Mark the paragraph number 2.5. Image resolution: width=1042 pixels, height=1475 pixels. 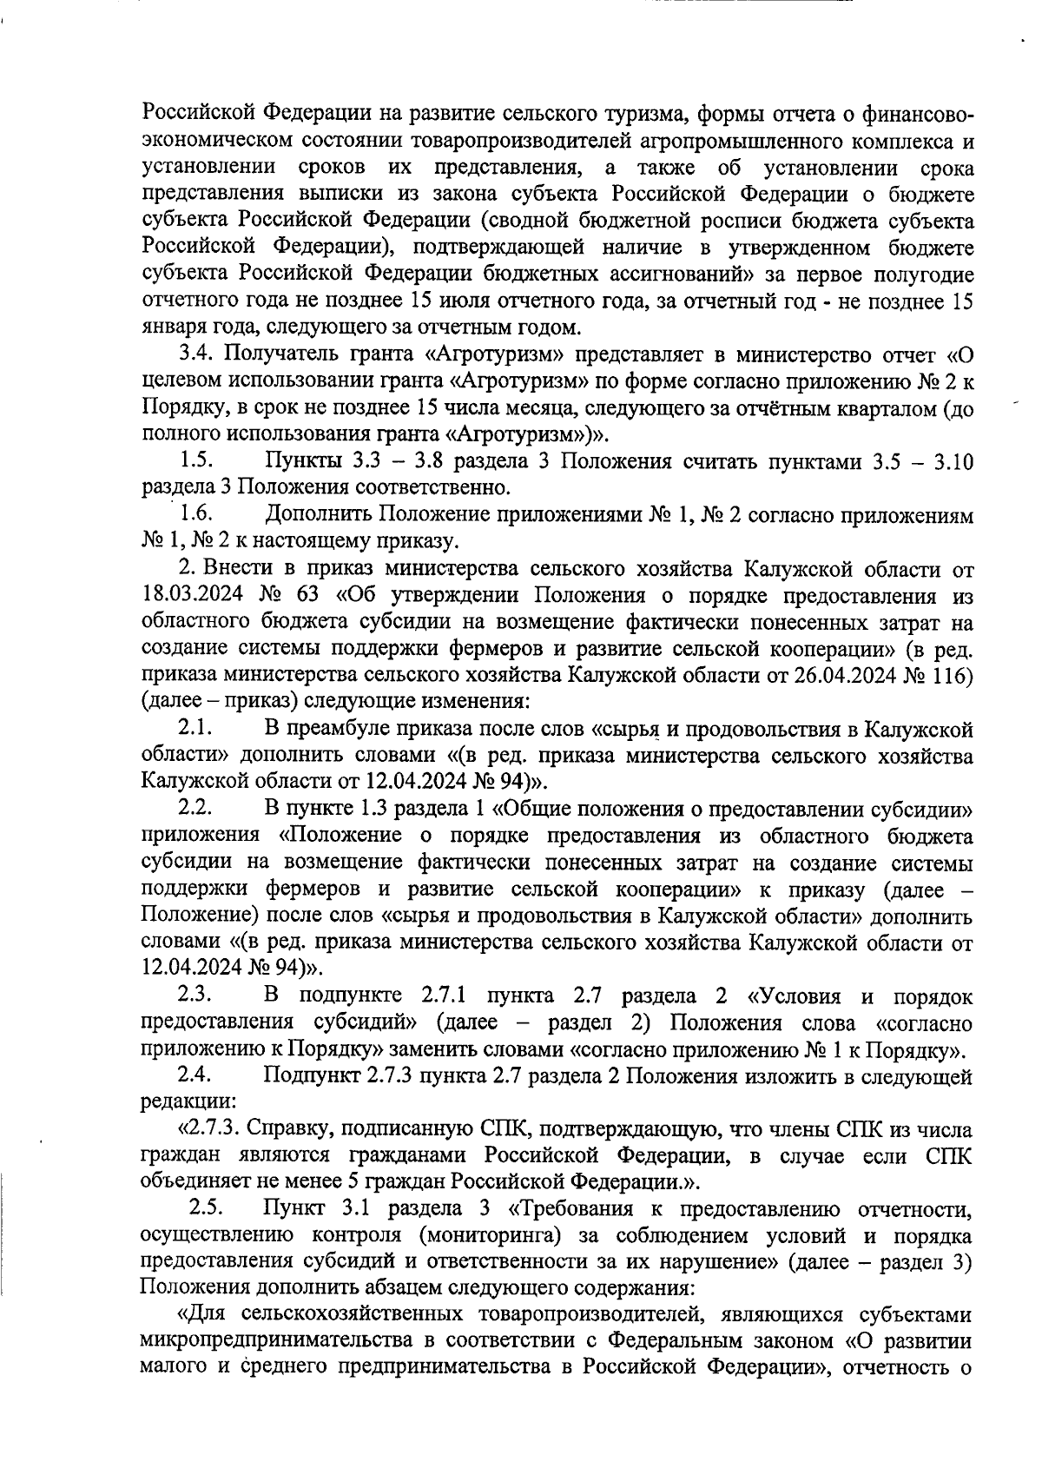(207, 1207)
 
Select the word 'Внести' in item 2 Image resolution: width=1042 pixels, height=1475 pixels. (234, 570)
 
